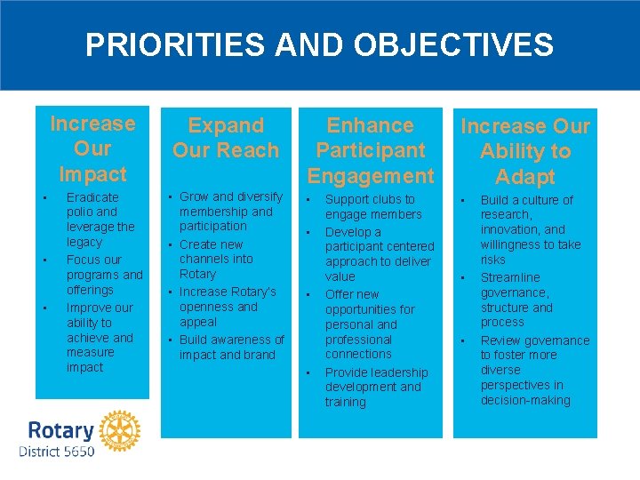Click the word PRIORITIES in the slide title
point(166,44)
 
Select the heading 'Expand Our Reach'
point(226,138)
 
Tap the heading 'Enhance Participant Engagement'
point(371,150)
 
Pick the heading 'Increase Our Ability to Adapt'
point(524,151)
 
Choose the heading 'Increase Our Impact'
point(92,148)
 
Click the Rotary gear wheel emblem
point(119,430)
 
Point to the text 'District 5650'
point(56,452)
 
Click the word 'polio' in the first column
point(81,212)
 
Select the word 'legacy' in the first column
point(84,242)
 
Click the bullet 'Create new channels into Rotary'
point(215,259)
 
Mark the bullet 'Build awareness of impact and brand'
point(230,347)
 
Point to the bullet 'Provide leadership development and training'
point(375,387)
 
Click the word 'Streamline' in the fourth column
point(509,277)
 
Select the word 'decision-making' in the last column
point(525,400)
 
